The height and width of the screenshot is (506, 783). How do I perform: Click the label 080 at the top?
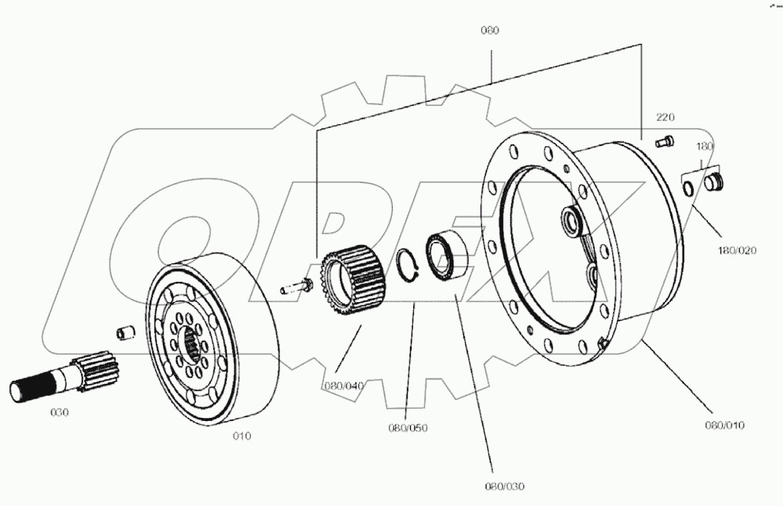490,31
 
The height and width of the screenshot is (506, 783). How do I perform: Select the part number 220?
665,117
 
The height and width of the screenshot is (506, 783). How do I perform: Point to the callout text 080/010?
724,425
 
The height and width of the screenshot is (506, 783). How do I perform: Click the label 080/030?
504,486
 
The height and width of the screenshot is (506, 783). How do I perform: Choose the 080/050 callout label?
409,427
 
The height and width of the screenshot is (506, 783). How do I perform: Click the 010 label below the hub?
242,436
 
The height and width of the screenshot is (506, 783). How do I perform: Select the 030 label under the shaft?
59,412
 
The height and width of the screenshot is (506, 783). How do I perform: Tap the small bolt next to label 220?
664,141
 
